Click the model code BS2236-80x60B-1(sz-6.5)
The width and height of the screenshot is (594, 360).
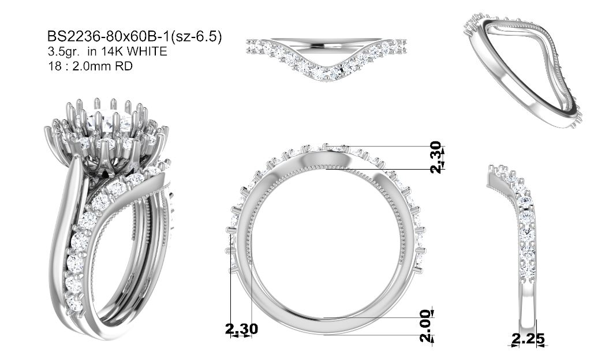click(x=134, y=37)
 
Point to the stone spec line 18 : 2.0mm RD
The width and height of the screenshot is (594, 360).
click(x=90, y=66)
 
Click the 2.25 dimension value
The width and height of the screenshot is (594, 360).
click(x=528, y=339)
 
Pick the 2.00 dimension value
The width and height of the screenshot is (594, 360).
click(x=426, y=325)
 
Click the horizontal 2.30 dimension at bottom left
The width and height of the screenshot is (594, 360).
click(x=242, y=329)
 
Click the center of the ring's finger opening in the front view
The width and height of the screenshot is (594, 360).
click(x=326, y=250)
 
